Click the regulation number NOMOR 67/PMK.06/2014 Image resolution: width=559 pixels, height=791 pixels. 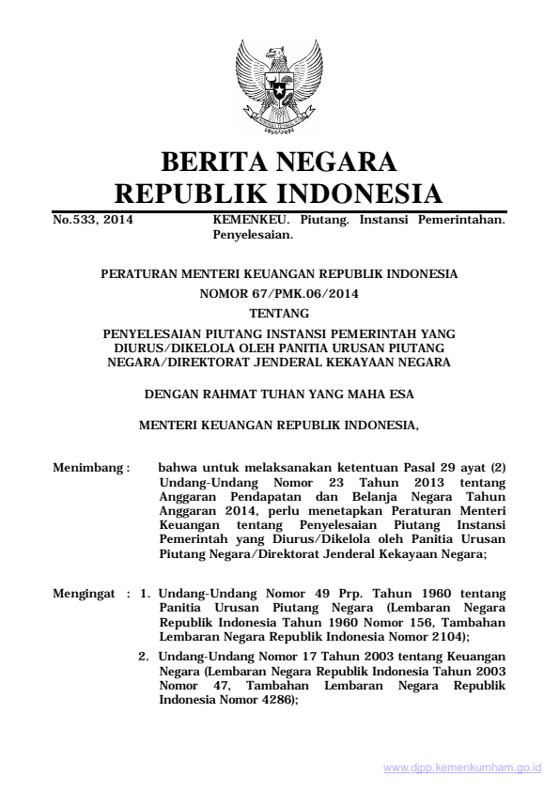tap(279, 293)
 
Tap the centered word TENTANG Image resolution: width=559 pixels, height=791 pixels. tap(279, 311)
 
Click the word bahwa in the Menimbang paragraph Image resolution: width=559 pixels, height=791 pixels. tap(178, 465)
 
